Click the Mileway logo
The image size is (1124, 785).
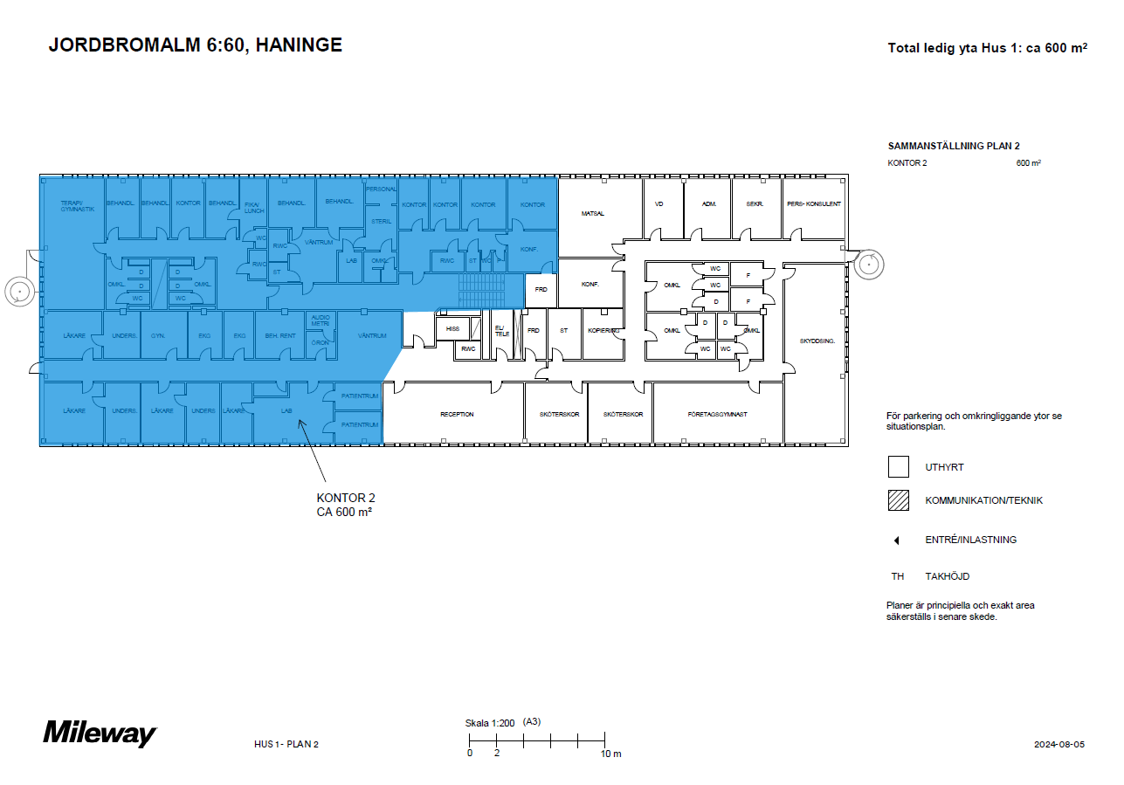click(100, 733)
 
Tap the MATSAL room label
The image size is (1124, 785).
click(593, 213)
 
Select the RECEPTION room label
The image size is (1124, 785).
click(457, 414)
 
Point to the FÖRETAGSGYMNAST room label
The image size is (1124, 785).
click(717, 414)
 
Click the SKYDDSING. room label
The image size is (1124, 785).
click(817, 341)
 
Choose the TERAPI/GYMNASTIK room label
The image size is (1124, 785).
click(77, 207)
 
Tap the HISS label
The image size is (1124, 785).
click(452, 328)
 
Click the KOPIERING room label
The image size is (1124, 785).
click(603, 331)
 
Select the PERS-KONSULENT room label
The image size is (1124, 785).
click(813, 203)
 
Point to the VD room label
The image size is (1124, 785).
click(659, 203)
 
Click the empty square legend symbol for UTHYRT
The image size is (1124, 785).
click(899, 467)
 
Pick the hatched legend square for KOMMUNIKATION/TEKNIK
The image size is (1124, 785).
click(899, 500)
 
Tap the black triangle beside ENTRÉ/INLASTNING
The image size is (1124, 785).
click(896, 541)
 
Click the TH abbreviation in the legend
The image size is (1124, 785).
click(897, 576)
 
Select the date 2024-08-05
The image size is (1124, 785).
click(1058, 744)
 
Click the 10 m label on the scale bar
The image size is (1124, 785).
click(610, 754)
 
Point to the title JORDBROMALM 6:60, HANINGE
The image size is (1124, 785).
click(196, 45)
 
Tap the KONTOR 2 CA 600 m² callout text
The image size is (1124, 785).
click(345, 505)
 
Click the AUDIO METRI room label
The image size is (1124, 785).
click(321, 320)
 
